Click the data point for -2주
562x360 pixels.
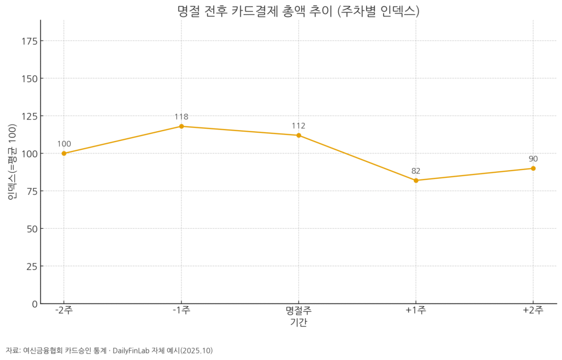(x=64, y=154)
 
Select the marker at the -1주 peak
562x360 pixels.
(x=182, y=126)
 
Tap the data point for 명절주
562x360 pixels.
(x=299, y=136)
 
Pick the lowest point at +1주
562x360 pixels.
(x=416, y=181)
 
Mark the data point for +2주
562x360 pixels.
(x=533, y=168)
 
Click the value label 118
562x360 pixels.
(x=182, y=117)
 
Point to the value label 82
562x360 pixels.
(x=416, y=171)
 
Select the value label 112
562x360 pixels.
(x=299, y=126)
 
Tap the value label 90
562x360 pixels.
(x=533, y=159)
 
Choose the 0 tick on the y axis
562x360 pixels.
(x=34, y=303)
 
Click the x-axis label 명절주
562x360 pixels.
(x=299, y=311)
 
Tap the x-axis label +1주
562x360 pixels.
(x=416, y=311)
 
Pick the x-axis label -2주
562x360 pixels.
(x=64, y=311)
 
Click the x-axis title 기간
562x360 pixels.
(x=299, y=323)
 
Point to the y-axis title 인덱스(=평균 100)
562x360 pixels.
(x=12, y=162)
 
